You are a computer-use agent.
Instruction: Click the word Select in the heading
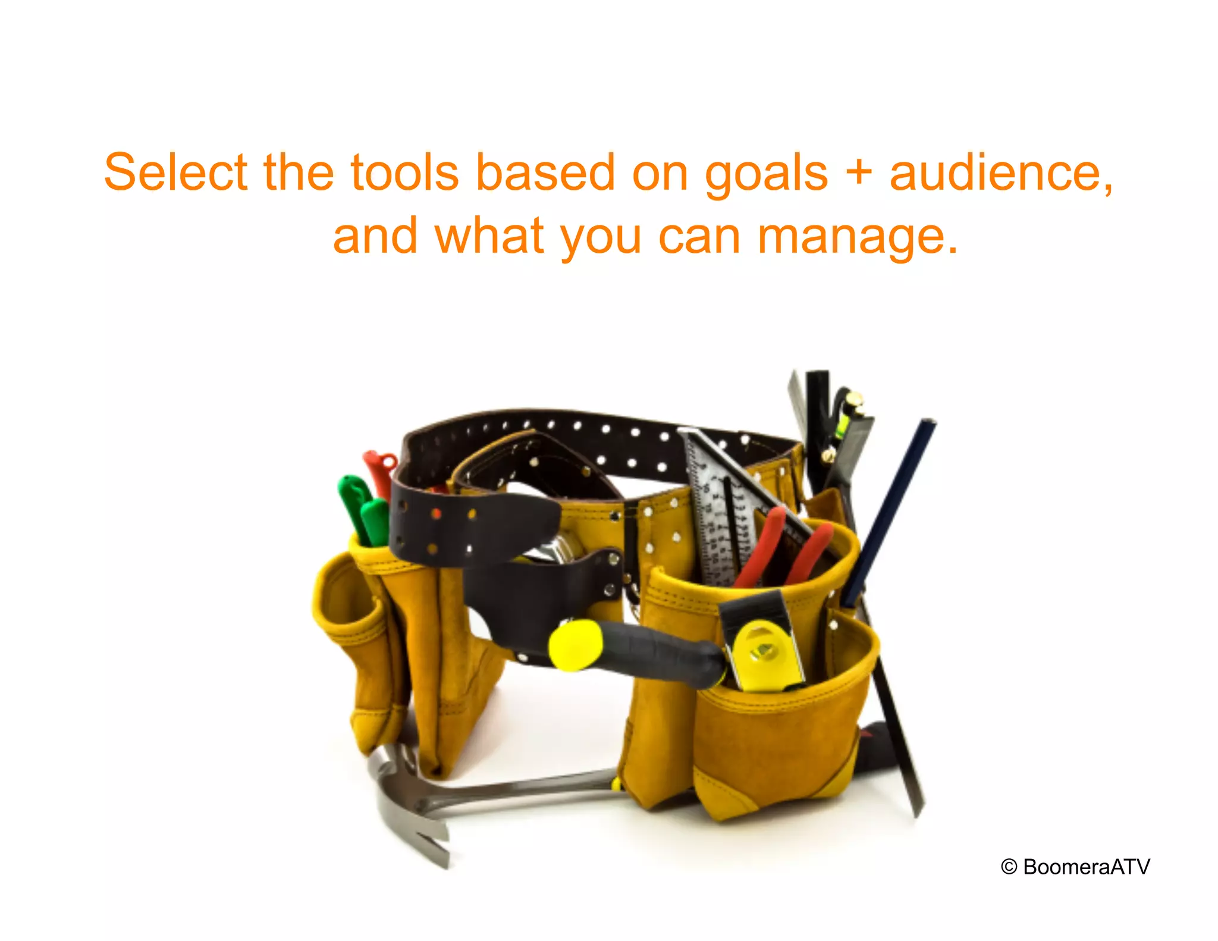pos(175,172)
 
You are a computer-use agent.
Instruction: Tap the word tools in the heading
pos(404,172)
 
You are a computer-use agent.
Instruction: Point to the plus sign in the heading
pos(858,172)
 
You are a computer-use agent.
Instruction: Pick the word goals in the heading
pos(766,174)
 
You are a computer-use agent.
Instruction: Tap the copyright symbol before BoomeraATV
pos(1009,867)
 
